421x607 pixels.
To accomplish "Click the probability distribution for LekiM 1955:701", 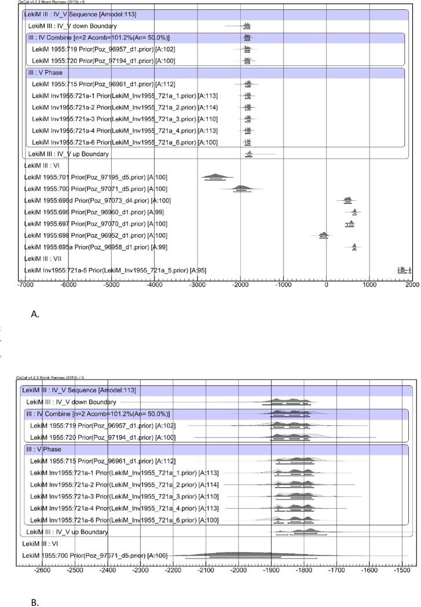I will coord(216,176).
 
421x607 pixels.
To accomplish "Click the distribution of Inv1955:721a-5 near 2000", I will coord(404,270).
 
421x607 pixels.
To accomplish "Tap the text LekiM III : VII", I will coord(46,259).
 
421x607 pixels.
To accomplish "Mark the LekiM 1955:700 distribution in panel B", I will coord(243,555).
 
